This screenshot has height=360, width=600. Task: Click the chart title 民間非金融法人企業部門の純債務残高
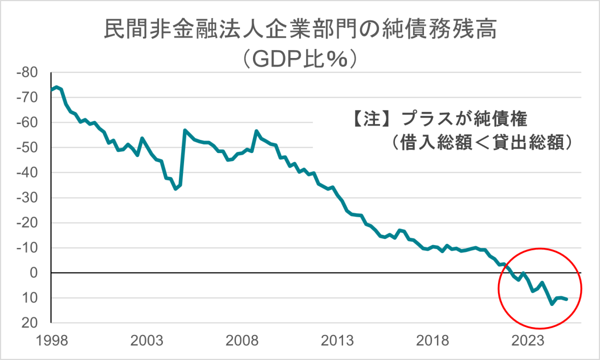click(x=300, y=30)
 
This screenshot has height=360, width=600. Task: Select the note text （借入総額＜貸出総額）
click(x=482, y=143)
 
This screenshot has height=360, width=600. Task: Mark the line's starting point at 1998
click(x=52, y=90)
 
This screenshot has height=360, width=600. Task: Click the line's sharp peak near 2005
click(x=185, y=130)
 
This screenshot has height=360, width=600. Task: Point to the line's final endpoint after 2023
click(x=566, y=299)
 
